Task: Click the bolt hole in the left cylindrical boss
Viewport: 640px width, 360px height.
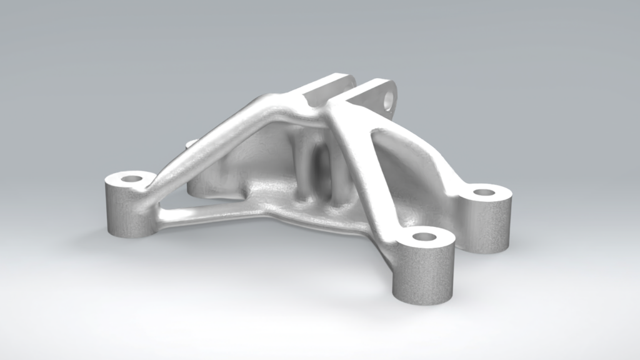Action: point(131,179)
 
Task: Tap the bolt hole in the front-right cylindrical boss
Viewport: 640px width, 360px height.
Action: point(424,237)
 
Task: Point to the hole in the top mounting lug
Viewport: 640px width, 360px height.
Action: point(389,99)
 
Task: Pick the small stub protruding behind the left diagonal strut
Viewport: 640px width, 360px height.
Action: point(191,144)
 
